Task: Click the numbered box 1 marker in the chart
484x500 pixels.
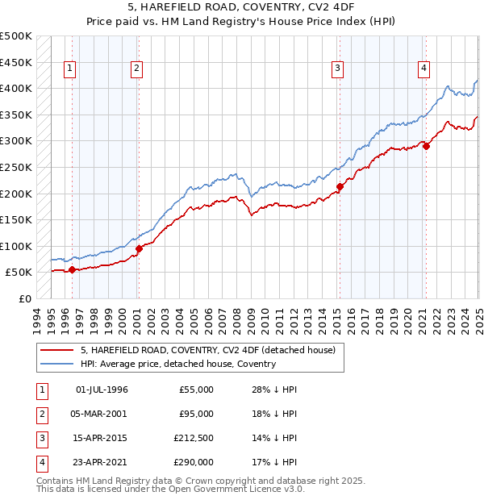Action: click(x=71, y=69)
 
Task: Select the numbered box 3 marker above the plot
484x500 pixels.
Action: click(x=337, y=69)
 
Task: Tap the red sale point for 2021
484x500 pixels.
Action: click(x=426, y=146)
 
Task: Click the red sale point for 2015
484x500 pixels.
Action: click(x=340, y=187)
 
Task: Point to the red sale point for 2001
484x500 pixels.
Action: click(x=139, y=248)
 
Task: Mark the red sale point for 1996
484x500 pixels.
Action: click(x=72, y=269)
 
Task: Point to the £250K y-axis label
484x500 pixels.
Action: click(x=16, y=167)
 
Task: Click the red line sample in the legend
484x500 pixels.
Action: click(x=58, y=349)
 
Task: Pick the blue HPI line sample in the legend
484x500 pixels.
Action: click(x=58, y=364)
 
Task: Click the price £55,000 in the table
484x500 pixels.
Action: click(x=196, y=390)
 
